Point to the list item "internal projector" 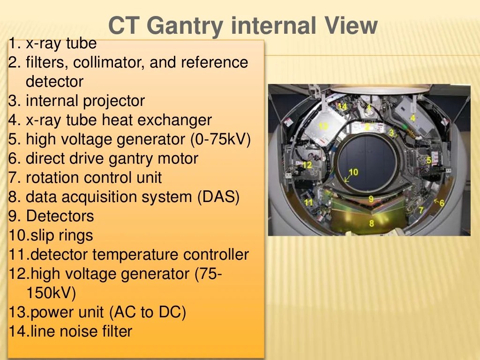(x=85, y=101)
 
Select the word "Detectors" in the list (x=60, y=216)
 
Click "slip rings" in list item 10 (x=60, y=235)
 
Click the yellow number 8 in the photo (x=372, y=223)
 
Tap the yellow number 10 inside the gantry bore (x=353, y=172)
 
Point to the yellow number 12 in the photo (x=307, y=165)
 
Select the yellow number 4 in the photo (x=412, y=118)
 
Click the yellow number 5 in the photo (x=428, y=160)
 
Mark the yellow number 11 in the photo (x=308, y=202)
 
